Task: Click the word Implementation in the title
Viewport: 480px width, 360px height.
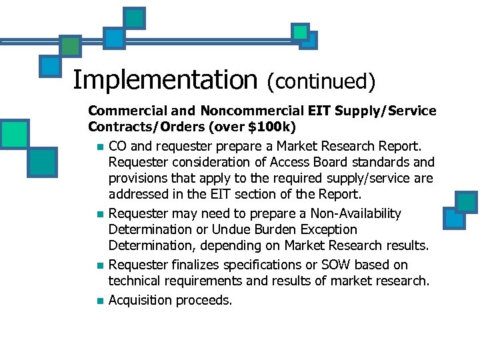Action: (x=164, y=80)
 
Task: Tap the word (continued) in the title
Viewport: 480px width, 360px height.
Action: (x=321, y=81)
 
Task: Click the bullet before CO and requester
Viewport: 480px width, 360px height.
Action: (x=99, y=147)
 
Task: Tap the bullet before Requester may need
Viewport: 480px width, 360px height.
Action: (x=99, y=215)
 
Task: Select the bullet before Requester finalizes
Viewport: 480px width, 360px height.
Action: (x=99, y=266)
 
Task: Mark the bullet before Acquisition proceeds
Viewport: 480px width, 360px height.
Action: (x=99, y=301)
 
